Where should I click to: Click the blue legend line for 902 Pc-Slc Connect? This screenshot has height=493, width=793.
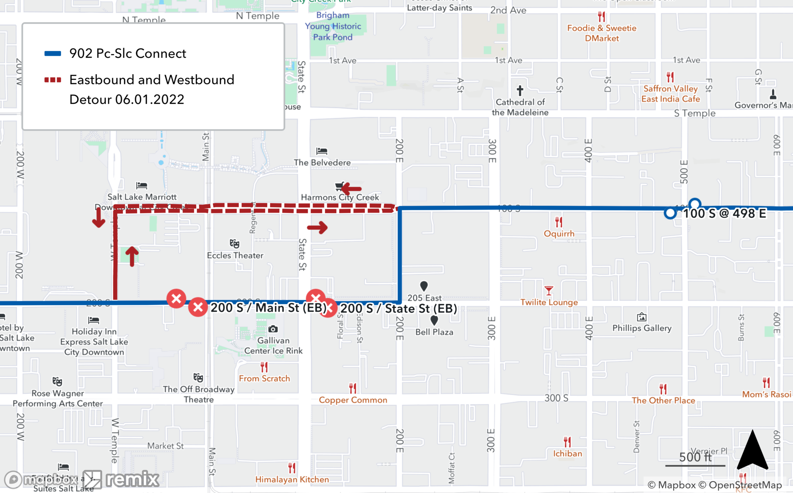[x=53, y=54]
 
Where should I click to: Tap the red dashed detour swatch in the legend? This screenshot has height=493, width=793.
[x=53, y=80]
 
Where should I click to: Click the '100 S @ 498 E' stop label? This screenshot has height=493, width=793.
[x=724, y=214]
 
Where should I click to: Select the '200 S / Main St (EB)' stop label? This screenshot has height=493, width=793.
[x=268, y=308]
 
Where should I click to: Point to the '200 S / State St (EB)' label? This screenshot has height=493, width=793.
[x=398, y=308]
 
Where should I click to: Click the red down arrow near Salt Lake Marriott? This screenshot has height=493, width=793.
[x=98, y=217]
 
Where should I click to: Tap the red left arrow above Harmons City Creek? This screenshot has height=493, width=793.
[x=351, y=188]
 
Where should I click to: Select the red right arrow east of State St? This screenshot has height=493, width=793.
[x=317, y=227]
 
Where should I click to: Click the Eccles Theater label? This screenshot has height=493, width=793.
[x=235, y=255]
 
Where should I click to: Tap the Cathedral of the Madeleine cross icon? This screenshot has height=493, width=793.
[x=520, y=91]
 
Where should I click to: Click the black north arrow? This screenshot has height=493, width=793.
[x=752, y=450]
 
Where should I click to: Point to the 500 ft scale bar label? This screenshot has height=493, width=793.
[x=695, y=457]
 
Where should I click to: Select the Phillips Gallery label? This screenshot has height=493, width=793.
[x=642, y=328]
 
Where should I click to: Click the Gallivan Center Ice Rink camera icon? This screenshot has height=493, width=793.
[x=273, y=329]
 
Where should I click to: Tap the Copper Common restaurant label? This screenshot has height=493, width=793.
[x=353, y=400]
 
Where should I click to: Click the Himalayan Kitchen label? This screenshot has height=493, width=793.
[x=292, y=480]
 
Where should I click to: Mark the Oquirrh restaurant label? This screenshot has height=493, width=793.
[x=559, y=234]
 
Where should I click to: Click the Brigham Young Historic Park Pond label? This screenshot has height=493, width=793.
[x=333, y=26]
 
